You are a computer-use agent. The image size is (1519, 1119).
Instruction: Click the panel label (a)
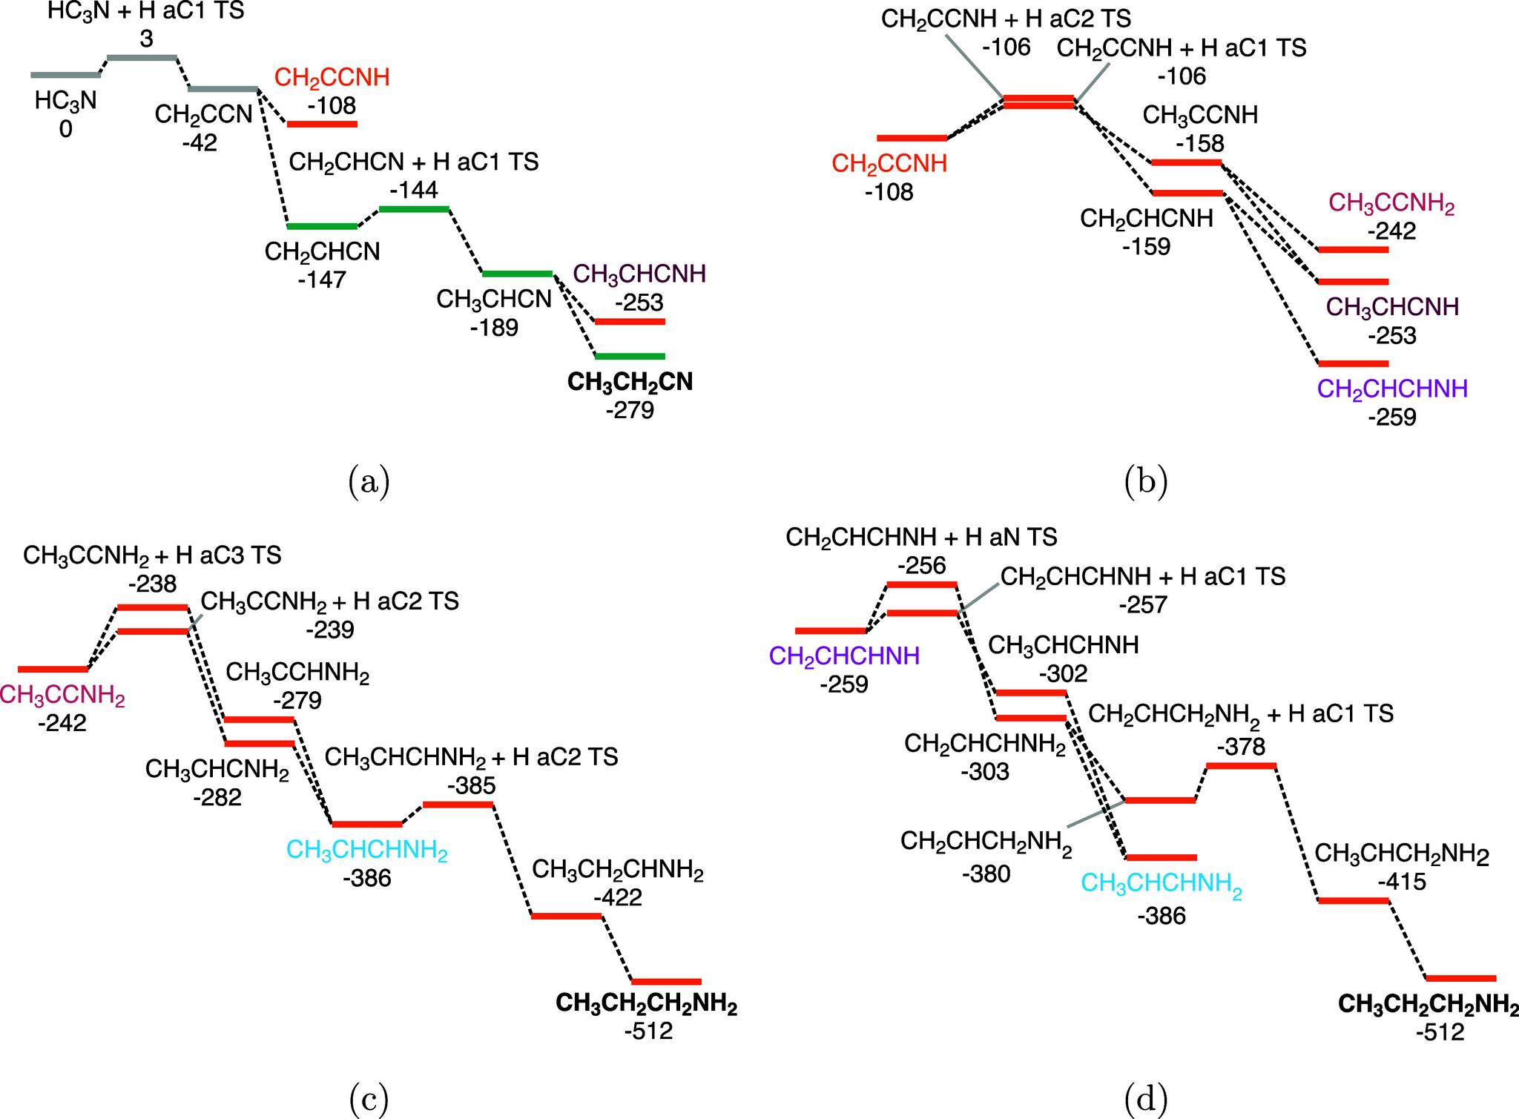368,483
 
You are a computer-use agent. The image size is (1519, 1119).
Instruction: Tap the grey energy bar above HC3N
65,74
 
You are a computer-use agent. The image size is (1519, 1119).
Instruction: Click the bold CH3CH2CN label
630,382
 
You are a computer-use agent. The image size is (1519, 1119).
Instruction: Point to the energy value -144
413,190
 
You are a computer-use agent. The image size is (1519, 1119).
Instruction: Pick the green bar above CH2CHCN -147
322,226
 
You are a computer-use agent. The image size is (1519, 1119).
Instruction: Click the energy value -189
494,327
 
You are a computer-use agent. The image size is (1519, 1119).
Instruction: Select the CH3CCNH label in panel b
1200,115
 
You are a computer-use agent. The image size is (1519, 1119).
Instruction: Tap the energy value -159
1146,246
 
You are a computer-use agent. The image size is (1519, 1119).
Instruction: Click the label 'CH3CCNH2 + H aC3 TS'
152,556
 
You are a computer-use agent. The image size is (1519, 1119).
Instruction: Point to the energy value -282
217,797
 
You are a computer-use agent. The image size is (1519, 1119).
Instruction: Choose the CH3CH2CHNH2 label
617,870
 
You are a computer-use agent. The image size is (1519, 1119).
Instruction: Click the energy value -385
471,785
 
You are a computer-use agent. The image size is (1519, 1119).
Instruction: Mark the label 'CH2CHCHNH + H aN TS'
921,537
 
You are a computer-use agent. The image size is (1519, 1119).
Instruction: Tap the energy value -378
1241,746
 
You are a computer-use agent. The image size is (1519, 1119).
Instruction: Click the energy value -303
985,772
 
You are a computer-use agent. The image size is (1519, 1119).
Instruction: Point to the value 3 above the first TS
146,39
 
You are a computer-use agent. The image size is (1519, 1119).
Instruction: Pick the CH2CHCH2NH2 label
986,842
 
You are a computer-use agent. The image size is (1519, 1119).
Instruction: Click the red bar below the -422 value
566,917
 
